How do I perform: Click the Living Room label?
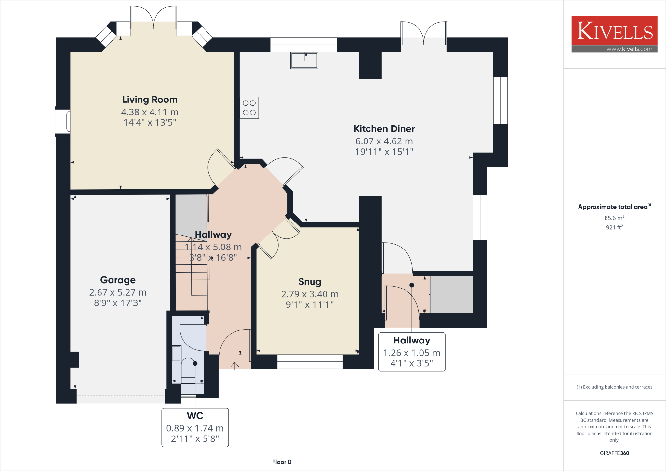(x=150, y=100)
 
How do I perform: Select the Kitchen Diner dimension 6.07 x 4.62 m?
(x=384, y=141)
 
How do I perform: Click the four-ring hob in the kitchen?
(x=249, y=108)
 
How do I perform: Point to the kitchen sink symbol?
(x=304, y=61)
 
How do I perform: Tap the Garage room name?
(x=118, y=280)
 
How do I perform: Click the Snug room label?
(x=310, y=282)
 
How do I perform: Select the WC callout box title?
(x=195, y=416)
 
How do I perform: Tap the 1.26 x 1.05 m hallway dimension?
(x=411, y=353)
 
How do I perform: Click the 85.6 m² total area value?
(x=614, y=218)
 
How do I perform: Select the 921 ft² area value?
(x=614, y=227)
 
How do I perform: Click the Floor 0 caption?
(x=282, y=462)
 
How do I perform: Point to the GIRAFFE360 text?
(x=614, y=453)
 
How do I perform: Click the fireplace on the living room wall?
(x=63, y=122)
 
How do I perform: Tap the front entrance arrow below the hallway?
(x=235, y=365)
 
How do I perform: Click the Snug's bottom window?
(x=310, y=362)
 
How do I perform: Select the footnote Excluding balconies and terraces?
(x=614, y=387)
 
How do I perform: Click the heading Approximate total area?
(x=613, y=207)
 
